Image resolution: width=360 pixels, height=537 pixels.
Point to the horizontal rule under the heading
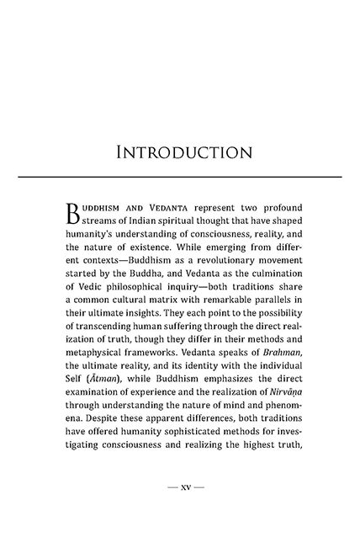coord(179,176)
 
